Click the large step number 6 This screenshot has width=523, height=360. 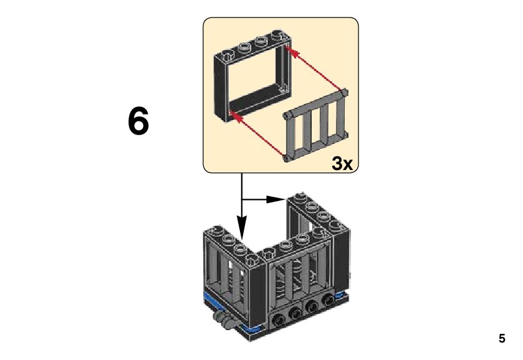138,121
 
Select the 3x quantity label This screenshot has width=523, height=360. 342,163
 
